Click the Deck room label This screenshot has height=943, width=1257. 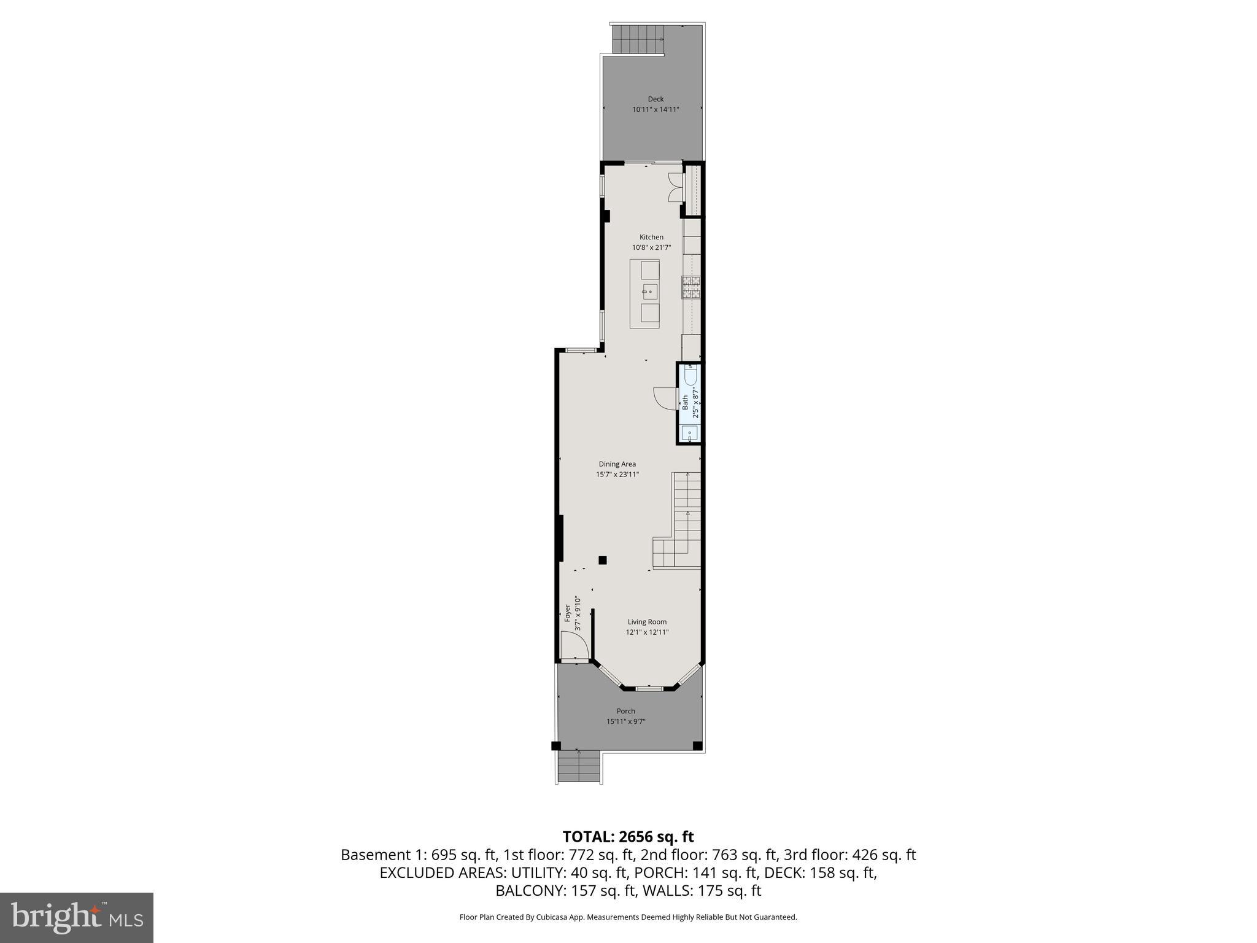coord(656,99)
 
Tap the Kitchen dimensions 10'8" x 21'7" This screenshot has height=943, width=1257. coord(651,247)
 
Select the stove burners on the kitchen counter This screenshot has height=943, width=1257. coord(691,288)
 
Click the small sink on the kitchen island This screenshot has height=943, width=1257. coord(650,290)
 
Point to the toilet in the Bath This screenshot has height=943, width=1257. coord(691,374)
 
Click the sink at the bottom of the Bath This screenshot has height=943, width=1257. coord(690,433)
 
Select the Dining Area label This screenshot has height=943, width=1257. coord(617,464)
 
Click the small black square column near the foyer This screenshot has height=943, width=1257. coord(603,560)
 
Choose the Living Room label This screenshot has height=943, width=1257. coord(647,622)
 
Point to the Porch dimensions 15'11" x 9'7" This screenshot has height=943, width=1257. coord(626,721)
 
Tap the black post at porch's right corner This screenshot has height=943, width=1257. coord(697,746)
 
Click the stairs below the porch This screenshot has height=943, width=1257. coord(579,767)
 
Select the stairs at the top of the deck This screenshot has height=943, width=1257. coord(638,39)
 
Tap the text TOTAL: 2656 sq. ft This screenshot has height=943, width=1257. coord(628,837)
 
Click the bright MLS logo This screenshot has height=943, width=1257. coord(77,918)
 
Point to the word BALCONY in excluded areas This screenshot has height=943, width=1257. coord(531,891)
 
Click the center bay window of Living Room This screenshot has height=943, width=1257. coord(649,689)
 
